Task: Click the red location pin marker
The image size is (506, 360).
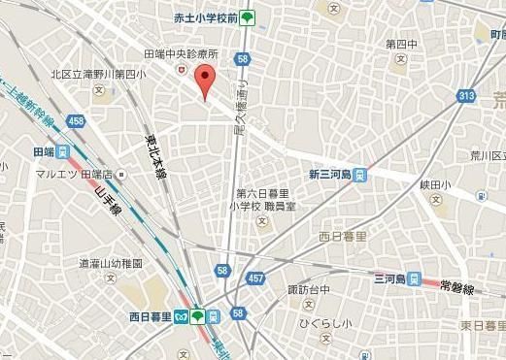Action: [x=204, y=82]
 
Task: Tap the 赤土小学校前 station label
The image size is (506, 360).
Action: [x=206, y=16]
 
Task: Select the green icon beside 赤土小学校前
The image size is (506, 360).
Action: [x=249, y=16]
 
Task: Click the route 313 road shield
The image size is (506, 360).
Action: [x=466, y=95]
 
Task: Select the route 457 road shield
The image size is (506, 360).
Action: [x=254, y=278]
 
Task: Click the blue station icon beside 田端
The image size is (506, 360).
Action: [x=63, y=152]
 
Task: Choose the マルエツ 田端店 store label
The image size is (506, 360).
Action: [x=75, y=174]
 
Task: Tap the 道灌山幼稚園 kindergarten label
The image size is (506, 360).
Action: [x=112, y=263]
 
